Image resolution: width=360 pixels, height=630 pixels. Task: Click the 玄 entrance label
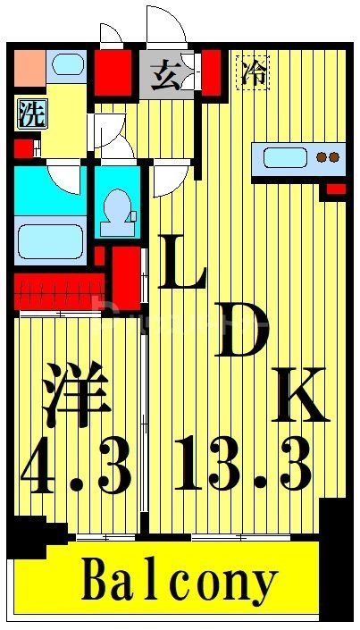click(163, 75)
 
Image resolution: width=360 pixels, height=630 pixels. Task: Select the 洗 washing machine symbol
click(29, 113)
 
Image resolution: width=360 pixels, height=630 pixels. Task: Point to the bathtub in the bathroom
click(50, 239)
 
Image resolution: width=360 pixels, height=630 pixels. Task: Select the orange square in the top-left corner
click(29, 64)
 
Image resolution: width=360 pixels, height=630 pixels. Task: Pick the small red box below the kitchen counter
click(336, 189)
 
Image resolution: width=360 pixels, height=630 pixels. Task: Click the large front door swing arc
click(167, 27)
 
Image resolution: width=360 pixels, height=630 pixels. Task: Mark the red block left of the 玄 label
click(113, 71)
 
